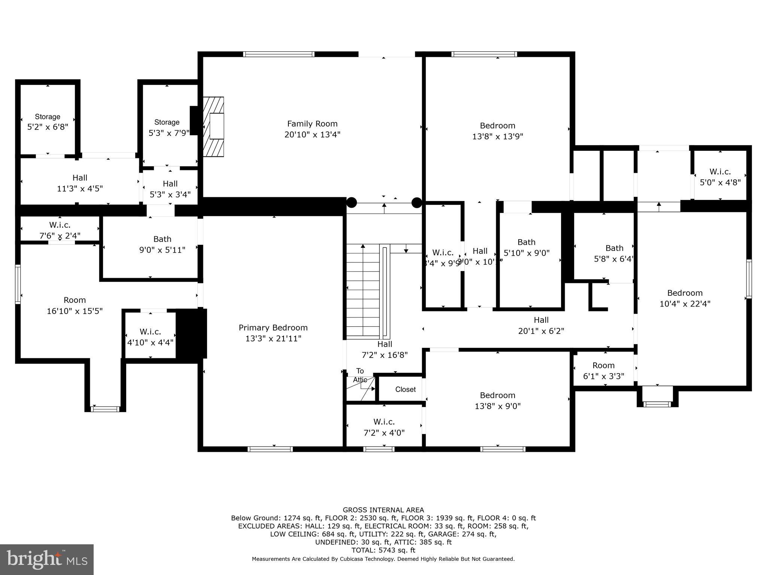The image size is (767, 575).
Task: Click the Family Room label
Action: click(312, 129)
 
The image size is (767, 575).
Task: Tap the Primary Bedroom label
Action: click(273, 333)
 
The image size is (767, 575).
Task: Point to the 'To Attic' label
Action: click(360, 375)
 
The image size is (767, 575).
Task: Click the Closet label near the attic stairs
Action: click(405, 389)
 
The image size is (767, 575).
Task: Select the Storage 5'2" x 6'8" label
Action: click(48, 122)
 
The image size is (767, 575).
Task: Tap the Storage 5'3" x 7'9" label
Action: click(167, 127)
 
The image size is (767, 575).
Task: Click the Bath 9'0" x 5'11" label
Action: click(162, 244)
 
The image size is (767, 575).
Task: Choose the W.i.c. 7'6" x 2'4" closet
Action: click(60, 230)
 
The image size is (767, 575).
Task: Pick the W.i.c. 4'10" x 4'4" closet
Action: click(150, 337)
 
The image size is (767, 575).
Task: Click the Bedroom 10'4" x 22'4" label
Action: click(685, 298)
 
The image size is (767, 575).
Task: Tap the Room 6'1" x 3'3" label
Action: click(603, 370)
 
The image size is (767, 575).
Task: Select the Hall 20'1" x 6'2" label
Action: click(541, 325)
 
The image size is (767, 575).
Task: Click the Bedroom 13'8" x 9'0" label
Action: click(497, 400)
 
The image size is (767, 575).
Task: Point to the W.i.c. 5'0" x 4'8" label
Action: click(720, 177)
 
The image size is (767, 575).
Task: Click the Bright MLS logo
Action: click(47, 559)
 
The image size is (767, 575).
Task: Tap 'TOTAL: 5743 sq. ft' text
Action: click(383, 550)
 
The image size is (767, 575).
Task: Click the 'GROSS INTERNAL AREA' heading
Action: click(383, 510)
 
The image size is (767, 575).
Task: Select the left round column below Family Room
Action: click(351, 203)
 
